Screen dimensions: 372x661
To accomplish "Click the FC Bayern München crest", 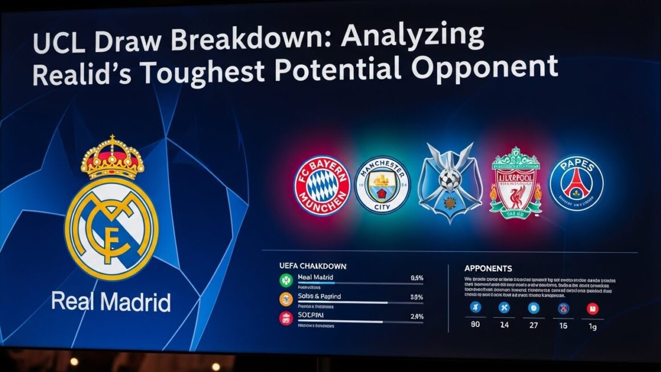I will [321, 186].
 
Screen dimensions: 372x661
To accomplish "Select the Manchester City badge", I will [382, 186].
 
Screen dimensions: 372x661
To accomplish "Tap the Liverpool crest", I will [516, 183].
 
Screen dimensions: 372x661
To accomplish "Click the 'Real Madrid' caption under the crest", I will [111, 301].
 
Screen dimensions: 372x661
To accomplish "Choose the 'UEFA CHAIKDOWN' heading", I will [313, 266].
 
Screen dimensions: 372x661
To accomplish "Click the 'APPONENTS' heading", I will [488, 268].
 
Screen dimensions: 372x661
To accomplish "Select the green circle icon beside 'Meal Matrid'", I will [285, 279].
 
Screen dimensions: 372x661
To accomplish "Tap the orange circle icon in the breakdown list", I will [285, 299].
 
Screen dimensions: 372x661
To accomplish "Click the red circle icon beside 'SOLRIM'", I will [285, 318].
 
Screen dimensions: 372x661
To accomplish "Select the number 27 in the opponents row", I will [533, 326].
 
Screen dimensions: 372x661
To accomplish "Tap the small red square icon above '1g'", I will [593, 308].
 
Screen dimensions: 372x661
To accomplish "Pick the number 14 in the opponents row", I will [504, 326].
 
